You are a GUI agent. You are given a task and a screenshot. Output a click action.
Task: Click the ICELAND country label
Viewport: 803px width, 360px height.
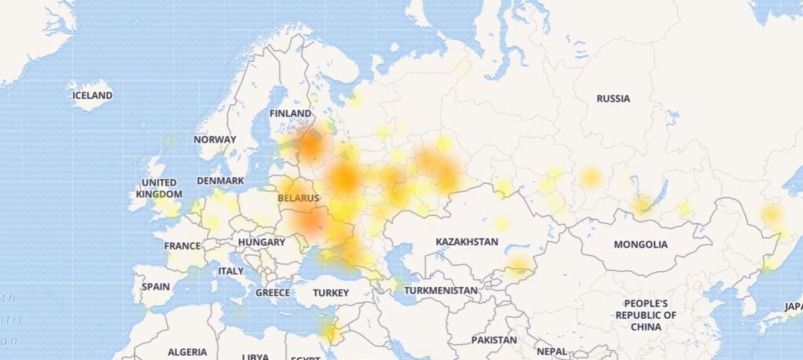pos(92,96)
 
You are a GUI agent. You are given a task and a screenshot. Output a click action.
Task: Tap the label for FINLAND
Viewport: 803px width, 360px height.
pos(290,114)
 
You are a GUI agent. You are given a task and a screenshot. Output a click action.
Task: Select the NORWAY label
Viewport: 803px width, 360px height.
pos(215,140)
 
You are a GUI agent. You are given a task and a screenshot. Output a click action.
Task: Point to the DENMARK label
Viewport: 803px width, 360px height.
pos(220,181)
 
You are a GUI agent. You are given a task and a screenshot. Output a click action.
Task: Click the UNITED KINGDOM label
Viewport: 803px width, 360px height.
pos(159,188)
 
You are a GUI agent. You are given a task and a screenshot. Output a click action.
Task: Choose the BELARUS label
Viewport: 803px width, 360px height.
pos(298,198)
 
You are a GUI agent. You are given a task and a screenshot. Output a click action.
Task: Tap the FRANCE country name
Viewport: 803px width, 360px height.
pos(182,246)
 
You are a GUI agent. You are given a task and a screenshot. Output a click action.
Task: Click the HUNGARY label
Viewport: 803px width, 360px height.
pos(261,242)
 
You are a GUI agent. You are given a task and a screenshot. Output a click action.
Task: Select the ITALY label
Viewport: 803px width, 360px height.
pos(231,271)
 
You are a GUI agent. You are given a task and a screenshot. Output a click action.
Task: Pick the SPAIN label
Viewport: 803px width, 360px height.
pos(156,286)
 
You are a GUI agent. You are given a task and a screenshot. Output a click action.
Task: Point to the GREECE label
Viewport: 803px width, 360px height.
pos(273,292)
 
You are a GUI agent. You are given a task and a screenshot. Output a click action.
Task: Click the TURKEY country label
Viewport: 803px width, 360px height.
pos(331,293)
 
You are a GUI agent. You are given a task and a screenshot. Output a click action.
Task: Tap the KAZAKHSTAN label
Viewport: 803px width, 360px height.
pos(467,242)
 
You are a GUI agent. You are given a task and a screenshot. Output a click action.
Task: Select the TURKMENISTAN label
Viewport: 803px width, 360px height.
pos(440,290)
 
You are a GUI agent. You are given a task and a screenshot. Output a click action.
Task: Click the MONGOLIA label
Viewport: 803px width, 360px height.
pos(640,244)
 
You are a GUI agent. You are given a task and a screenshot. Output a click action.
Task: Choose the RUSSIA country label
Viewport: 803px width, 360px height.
pos(613,98)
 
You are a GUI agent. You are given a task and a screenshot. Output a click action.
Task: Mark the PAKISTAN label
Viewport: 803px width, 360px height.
pos(494,340)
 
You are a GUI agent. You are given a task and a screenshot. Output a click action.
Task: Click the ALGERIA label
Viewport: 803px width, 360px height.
pos(187,352)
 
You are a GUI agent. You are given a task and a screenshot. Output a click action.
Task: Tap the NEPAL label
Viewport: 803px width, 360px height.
pos(551,351)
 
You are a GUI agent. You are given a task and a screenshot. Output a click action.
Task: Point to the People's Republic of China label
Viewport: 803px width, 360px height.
pos(646,315)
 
